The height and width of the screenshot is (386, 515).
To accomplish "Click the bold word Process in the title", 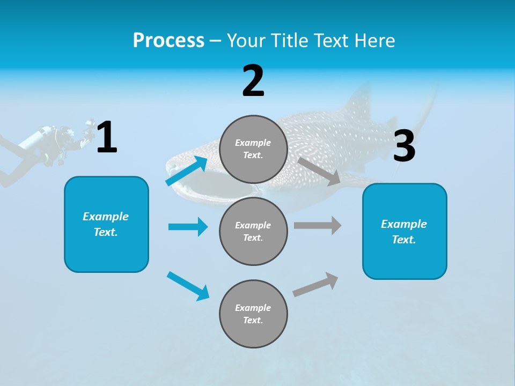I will (168, 41).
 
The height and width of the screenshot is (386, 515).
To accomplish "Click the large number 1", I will (107, 138).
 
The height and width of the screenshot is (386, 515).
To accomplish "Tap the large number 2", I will (253, 81).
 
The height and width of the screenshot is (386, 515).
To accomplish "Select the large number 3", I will (404, 146).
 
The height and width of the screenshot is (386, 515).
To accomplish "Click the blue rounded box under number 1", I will (106, 224).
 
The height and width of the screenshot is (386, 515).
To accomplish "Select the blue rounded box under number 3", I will (404, 232).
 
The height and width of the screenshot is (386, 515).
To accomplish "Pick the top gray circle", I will (253, 149).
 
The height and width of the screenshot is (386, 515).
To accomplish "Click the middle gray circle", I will (253, 232).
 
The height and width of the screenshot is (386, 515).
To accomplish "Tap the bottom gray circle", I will (253, 314).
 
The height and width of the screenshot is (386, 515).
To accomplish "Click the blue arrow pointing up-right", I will (187, 171).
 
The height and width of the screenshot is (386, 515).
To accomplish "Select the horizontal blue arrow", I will (188, 227).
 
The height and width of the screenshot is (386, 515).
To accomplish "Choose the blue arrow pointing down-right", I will (188, 286).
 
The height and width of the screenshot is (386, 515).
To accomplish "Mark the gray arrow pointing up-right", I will (315, 285).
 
